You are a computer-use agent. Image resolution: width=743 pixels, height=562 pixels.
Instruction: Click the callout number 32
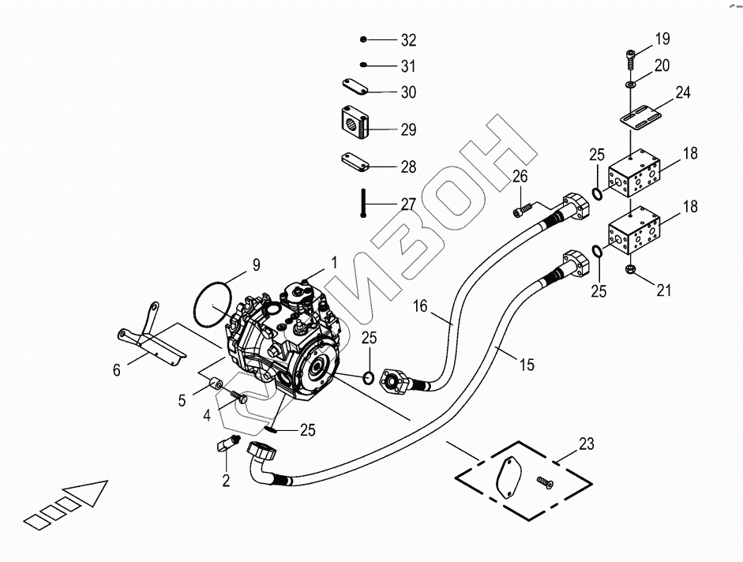(x=408, y=40)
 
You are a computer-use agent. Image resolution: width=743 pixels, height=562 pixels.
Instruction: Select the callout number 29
(x=408, y=129)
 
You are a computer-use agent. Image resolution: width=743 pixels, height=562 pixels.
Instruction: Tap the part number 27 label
(x=407, y=204)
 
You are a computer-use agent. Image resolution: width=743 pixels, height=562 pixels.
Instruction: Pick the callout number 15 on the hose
(x=527, y=365)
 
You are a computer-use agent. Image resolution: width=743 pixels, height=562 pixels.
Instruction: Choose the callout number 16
(x=420, y=305)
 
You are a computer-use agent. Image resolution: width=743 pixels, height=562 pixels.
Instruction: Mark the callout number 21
(x=664, y=290)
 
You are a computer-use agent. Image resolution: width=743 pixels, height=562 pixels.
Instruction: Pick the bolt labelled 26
(x=523, y=209)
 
